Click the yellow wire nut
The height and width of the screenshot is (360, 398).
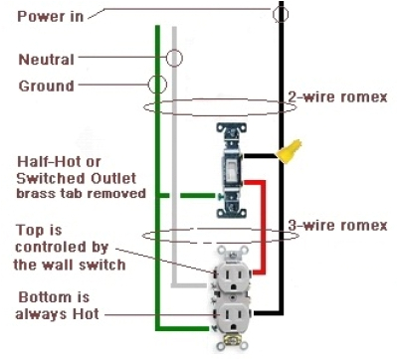tap(291, 152)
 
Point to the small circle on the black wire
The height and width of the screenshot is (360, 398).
tap(282, 15)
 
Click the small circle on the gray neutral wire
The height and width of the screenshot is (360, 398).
tap(174, 58)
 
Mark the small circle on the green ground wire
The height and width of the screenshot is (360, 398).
tap(156, 86)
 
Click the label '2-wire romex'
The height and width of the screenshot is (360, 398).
tap(336, 96)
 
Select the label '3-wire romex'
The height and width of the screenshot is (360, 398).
tap(336, 226)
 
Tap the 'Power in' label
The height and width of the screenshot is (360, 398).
tap(44, 16)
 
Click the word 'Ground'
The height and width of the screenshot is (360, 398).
tap(46, 86)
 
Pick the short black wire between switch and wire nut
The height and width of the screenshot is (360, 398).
tap(261, 155)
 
